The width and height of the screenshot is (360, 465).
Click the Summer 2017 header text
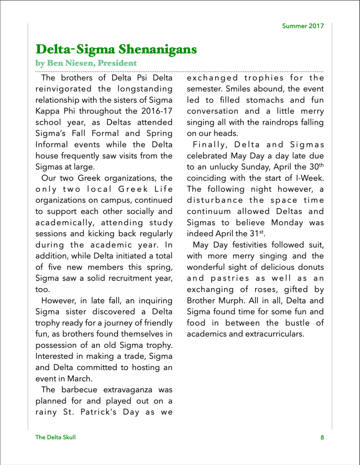303,26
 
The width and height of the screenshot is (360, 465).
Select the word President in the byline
118,63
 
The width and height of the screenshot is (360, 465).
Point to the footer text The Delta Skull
55,437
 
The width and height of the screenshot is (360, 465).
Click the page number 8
322,437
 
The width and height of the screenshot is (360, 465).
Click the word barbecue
78,390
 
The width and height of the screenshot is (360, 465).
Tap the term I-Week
310,178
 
